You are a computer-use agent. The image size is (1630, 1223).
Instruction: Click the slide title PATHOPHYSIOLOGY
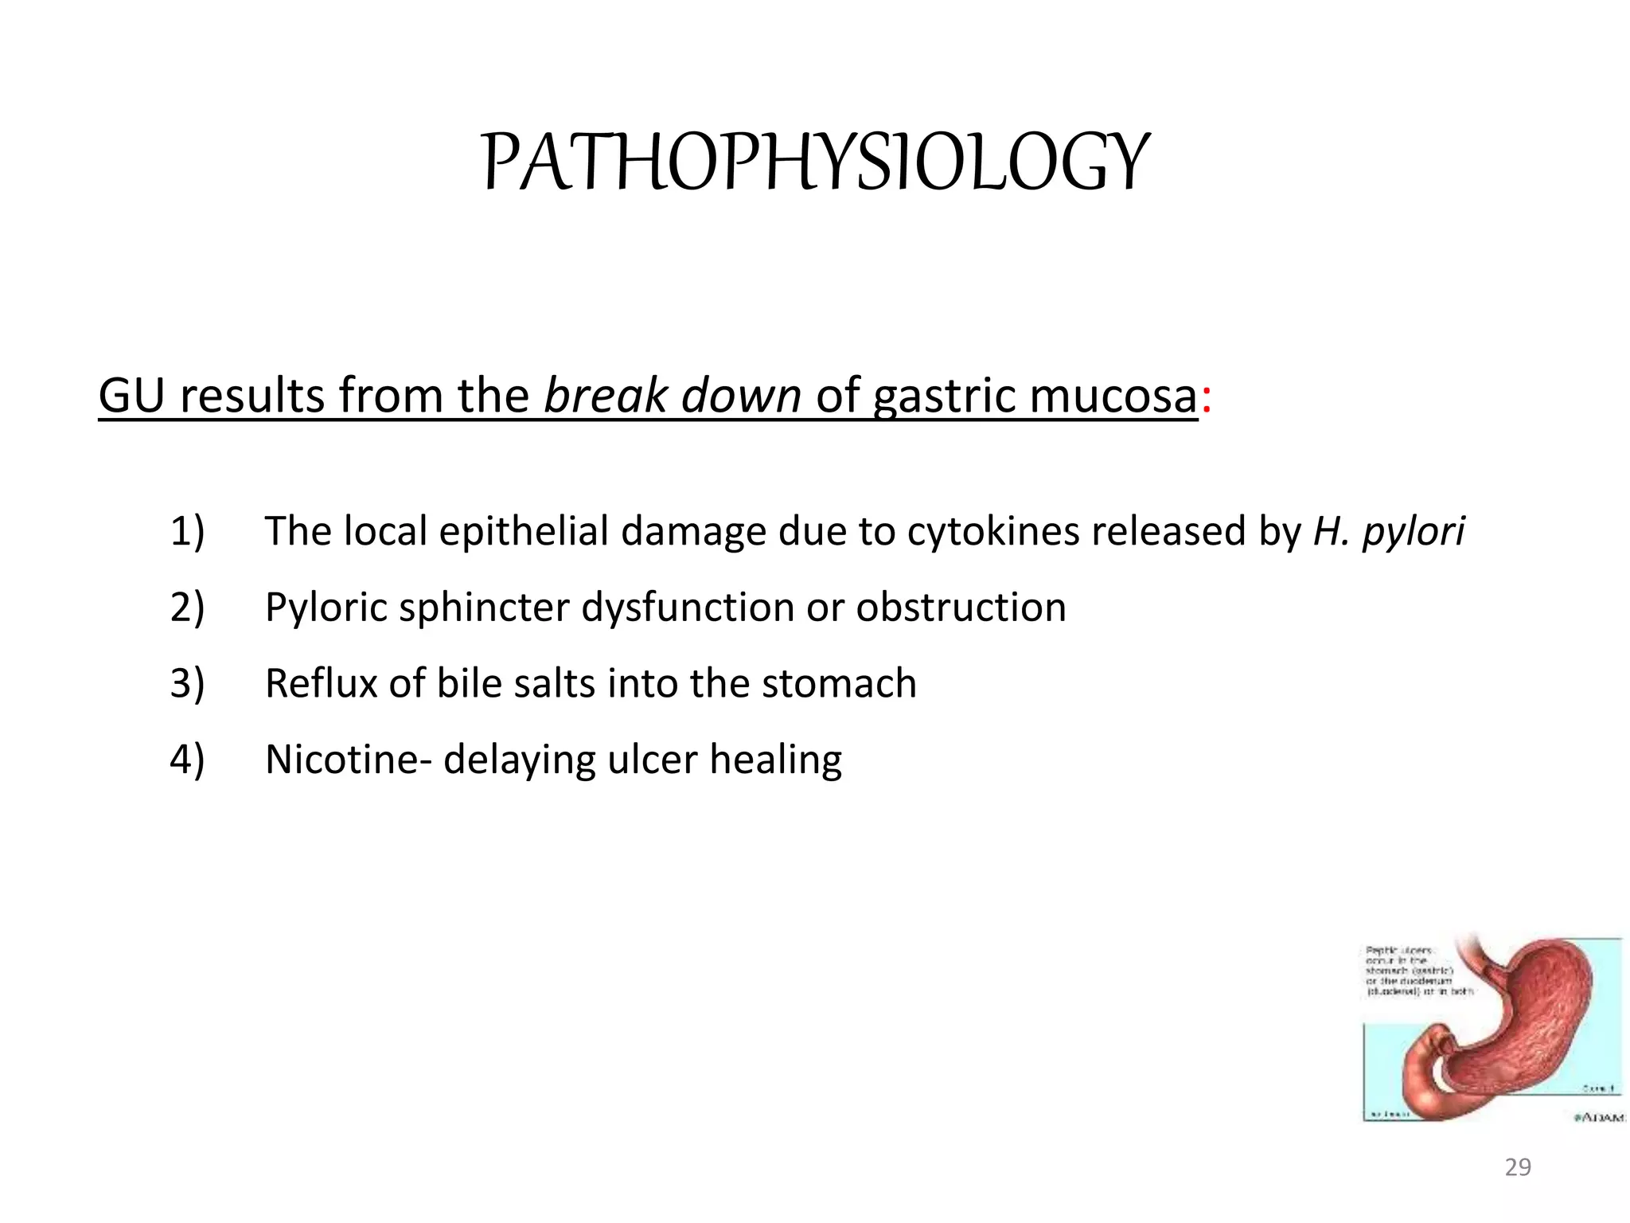click(815, 162)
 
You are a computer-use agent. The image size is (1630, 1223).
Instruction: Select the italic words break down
click(672, 396)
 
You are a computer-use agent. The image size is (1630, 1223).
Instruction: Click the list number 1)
click(187, 531)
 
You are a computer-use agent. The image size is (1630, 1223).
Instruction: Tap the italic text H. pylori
click(1388, 531)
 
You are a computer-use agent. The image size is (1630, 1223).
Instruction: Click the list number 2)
click(187, 608)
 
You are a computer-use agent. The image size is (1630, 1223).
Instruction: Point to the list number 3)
click(187, 684)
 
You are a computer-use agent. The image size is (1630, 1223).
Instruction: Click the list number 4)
click(187, 760)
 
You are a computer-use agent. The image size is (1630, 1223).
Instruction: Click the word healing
click(775, 760)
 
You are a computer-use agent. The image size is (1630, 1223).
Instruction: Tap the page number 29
click(1518, 1167)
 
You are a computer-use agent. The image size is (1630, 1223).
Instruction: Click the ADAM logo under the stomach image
click(1599, 1118)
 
